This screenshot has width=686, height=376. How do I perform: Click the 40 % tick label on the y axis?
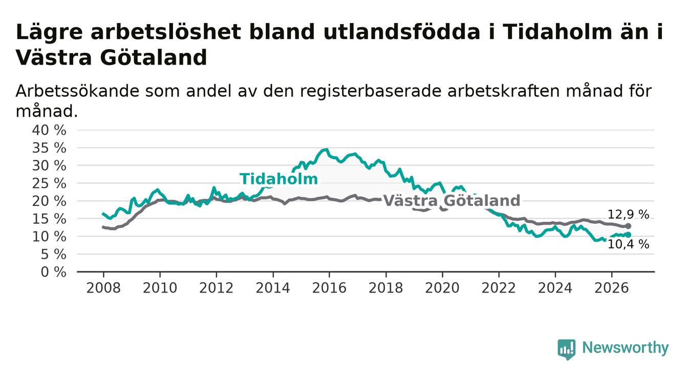click(49, 130)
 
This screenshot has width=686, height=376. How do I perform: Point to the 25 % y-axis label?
click(49, 183)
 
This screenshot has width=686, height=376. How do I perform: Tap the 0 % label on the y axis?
click(53, 272)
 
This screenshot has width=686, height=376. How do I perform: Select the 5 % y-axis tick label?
click(53, 255)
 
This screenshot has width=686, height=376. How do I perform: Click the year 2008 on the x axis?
click(103, 288)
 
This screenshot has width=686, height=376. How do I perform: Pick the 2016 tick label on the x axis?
click(329, 288)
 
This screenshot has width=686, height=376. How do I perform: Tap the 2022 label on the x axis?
click(499, 288)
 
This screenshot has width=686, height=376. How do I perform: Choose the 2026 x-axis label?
click(612, 288)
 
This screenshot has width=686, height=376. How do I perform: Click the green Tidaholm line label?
click(278, 179)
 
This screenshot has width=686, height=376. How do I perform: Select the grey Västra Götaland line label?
click(452, 201)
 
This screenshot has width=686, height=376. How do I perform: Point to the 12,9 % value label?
click(628, 215)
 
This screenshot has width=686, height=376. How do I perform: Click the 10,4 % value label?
click(628, 244)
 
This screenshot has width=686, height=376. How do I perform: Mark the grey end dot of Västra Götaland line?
click(628, 226)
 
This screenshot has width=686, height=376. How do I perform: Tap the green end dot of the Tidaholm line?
click(628, 235)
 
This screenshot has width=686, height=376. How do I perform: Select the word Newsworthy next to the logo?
click(625, 348)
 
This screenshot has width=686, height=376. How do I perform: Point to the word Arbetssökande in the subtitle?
click(77, 91)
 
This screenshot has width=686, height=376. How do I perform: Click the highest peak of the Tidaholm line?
click(327, 150)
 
